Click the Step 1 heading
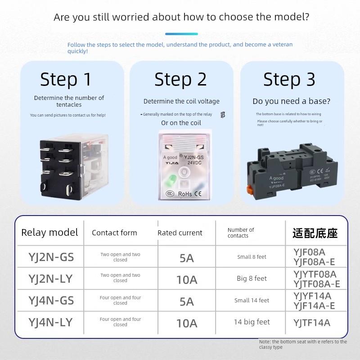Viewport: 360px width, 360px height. (x=66, y=80)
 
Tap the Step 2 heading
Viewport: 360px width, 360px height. (x=180, y=80)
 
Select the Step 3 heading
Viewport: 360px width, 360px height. (x=289, y=80)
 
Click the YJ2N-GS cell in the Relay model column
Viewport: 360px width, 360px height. (x=51, y=257)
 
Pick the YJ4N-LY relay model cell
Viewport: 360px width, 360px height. (x=50, y=322)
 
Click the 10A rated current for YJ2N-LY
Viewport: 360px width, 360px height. (x=187, y=279)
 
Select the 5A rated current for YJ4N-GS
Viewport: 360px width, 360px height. (x=187, y=301)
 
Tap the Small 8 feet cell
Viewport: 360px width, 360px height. (x=252, y=257)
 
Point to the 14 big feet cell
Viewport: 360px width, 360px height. (x=252, y=322)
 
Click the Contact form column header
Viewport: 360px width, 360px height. (x=114, y=233)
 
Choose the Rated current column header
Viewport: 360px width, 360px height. (x=180, y=233)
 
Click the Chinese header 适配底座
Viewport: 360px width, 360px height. (x=315, y=233)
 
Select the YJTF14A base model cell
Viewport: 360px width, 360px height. (x=312, y=323)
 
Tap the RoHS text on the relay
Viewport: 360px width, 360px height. (x=185, y=194)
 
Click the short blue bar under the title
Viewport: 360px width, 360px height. (x=181, y=34)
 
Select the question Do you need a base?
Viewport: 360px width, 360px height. (x=291, y=101)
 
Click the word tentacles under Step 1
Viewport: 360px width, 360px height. (x=69, y=105)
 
